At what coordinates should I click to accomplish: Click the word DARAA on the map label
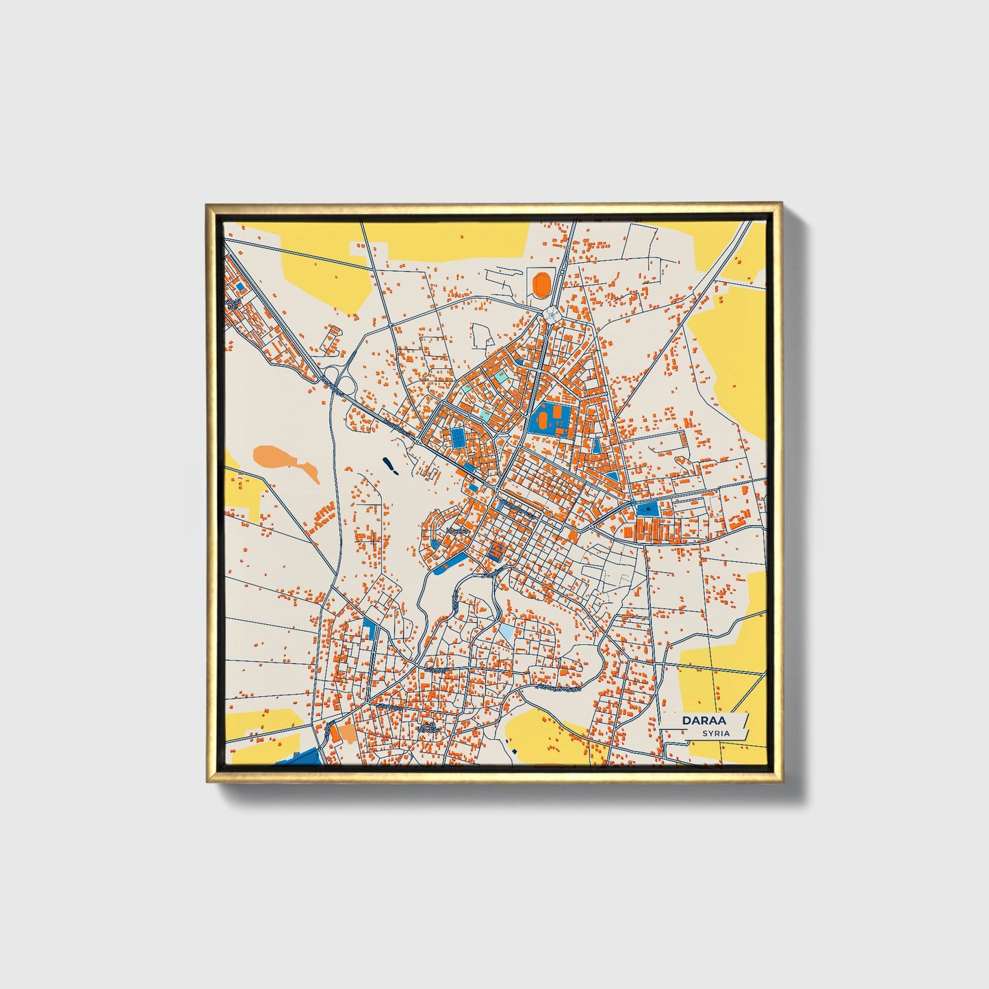click(704, 721)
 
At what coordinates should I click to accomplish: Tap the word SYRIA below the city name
click(716, 733)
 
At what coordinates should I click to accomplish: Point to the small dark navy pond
click(390, 467)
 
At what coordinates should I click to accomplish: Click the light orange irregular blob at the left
click(284, 461)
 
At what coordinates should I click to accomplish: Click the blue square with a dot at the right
click(646, 509)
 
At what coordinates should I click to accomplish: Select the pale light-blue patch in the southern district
click(505, 630)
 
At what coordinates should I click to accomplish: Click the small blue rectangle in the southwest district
click(370, 628)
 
